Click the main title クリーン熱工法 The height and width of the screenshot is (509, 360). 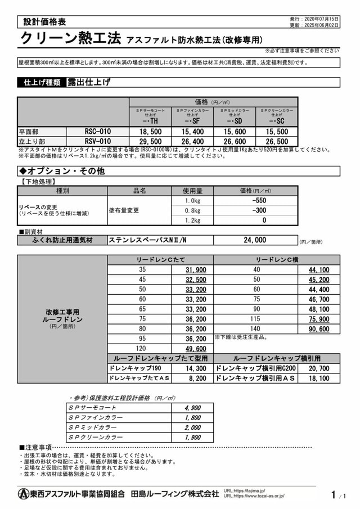[x=70, y=39]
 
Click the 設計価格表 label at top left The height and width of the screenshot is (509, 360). [x=44, y=22]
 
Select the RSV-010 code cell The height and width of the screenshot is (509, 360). [x=97, y=141]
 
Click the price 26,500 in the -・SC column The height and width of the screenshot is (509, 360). [x=276, y=141]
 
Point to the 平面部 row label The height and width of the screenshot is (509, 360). [x=31, y=131]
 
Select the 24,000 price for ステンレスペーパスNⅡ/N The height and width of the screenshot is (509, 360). [x=255, y=240]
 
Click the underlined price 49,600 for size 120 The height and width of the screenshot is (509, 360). [x=196, y=349]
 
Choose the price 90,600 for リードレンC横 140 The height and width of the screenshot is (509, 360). [x=319, y=329]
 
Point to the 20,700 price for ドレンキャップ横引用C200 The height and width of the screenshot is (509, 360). [x=319, y=368]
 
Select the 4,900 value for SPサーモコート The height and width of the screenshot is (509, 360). [x=193, y=407]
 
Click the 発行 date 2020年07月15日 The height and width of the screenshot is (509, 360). [x=321, y=19]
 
